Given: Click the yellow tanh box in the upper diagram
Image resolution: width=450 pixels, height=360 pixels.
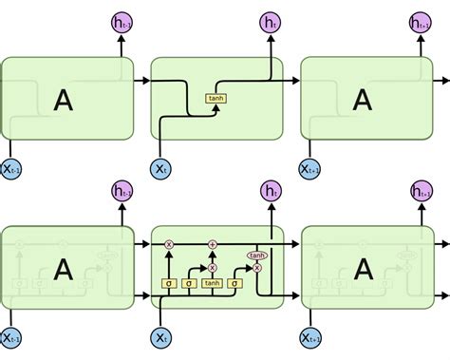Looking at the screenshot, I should pos(216,98).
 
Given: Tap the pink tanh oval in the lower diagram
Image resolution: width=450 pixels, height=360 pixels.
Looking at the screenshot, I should pos(256,256).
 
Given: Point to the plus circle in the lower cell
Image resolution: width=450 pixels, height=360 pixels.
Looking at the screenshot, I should pos(212,244).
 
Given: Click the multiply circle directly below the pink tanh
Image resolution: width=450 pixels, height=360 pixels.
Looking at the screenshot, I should pos(256,269).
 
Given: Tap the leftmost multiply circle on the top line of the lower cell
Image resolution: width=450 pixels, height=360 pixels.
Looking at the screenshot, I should pos(170,244).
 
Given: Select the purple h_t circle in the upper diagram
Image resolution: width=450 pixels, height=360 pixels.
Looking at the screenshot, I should pos(272,21).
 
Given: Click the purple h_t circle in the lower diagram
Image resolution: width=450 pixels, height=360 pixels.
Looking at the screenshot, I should pos(272,192).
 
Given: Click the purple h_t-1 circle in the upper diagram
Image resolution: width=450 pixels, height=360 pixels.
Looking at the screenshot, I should pos(121,21).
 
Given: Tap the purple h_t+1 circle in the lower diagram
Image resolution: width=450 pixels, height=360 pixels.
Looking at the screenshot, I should pos(422,192).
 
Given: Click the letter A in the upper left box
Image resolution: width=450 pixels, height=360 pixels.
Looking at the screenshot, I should pos(63,100).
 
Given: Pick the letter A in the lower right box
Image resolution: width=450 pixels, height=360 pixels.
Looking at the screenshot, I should pos(362,270).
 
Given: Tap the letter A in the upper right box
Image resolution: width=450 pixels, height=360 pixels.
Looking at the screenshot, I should pos(362,100).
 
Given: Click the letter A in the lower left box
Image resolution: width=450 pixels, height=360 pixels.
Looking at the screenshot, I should pos(63,270).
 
